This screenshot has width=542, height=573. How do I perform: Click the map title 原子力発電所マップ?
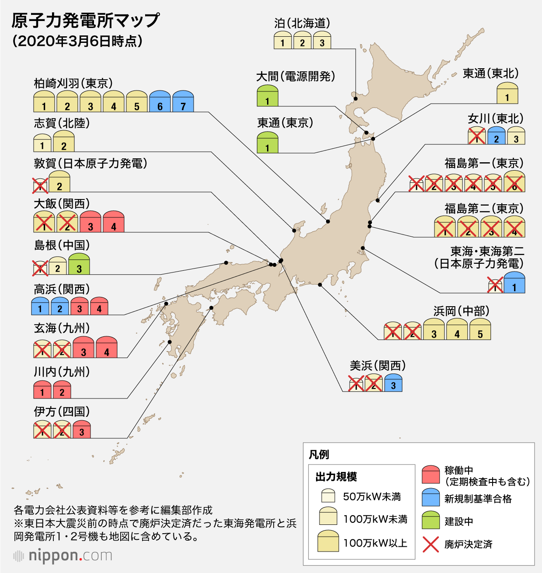pyautogui.click(x=85, y=21)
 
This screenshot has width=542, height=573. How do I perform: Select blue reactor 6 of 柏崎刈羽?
pyautogui.click(x=160, y=102)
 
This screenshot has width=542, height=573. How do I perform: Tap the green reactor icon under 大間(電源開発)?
pyautogui.click(x=268, y=96)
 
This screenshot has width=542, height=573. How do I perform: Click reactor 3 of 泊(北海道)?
pyautogui.click(x=322, y=40)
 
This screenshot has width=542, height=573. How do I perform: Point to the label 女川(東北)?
pyautogui.click(x=495, y=119)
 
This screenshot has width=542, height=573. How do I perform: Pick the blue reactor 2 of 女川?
pyautogui.click(x=496, y=136)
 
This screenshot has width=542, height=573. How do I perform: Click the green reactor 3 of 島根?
pyautogui.click(x=79, y=265)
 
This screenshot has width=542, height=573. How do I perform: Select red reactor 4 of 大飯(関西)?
pyautogui.click(x=114, y=222)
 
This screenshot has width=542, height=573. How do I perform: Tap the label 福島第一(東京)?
pyautogui.click(x=484, y=164)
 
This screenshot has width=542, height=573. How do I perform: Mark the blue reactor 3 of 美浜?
pyautogui.click(x=393, y=383)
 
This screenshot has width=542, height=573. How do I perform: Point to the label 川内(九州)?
pyautogui.click(x=62, y=372)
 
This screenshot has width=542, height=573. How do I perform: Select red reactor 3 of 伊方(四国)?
pyautogui.click(x=82, y=430)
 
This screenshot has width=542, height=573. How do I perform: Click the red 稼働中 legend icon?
pyautogui.click(x=431, y=475)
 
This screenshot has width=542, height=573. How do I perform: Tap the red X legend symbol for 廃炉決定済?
pyautogui.click(x=431, y=545)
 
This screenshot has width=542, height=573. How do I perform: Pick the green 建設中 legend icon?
pyautogui.click(x=431, y=521)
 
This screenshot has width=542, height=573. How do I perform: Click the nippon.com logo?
pyautogui.click(x=63, y=556)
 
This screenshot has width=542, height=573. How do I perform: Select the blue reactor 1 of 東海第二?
pyautogui.click(x=514, y=283)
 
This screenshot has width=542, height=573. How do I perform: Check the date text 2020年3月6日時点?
pyautogui.click(x=77, y=41)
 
